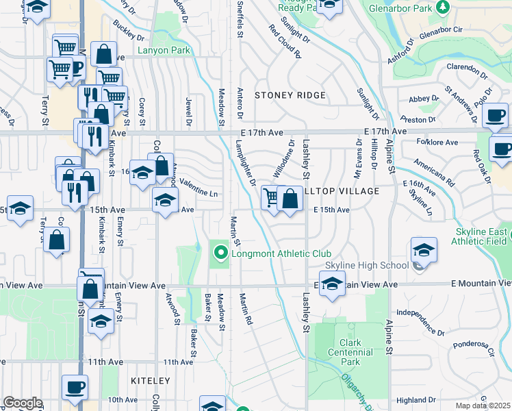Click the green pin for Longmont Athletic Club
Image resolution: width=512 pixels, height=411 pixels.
tap(220, 253)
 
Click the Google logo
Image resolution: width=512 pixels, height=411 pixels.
tap(23, 403)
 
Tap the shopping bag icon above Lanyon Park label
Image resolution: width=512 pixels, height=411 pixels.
tap(103, 54)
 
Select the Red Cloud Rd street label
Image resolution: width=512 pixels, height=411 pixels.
tap(285, 42)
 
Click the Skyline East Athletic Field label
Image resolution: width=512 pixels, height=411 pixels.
tap(482, 236)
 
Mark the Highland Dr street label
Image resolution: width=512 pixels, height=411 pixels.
tap(415, 400)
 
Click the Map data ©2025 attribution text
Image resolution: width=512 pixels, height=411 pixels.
tap(483, 406)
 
